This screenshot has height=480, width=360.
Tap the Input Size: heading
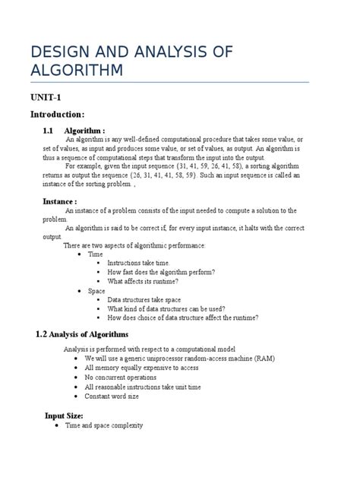[68, 415]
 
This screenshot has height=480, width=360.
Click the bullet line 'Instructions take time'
[144, 262]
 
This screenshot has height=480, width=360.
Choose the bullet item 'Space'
[96, 291]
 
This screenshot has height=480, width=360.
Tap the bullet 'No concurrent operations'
[121, 377]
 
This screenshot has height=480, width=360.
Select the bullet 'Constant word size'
[112, 396]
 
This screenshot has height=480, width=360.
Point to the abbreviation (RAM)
[261, 358]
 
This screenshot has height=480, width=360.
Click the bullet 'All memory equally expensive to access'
[141, 368]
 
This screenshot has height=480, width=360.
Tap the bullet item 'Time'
[96, 254]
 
